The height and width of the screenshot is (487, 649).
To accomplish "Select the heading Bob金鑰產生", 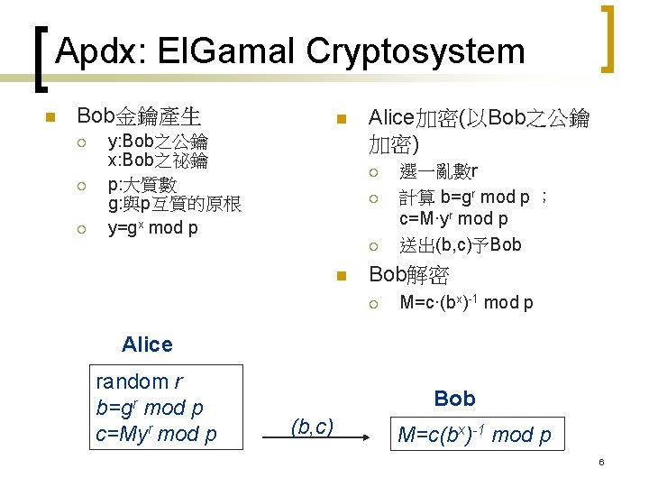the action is coord(139,116).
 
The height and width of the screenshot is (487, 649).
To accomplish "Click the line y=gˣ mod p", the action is coord(152,227).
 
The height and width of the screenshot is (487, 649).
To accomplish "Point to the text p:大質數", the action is coord(142,185).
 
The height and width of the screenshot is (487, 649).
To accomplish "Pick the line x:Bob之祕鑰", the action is coord(158,161).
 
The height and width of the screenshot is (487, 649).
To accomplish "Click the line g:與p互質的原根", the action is coord(174,206).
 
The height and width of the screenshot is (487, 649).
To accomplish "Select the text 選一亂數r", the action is coord(438,172).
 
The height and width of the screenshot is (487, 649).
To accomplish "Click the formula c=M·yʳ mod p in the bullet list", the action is coord(453,219).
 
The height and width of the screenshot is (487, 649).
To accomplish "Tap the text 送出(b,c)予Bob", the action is coord(461,244).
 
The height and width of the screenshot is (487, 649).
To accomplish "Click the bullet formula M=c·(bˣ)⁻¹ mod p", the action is coord(466,302).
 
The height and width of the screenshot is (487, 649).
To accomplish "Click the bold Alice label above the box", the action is coord(146,344).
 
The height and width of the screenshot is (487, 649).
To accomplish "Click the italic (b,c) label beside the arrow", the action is coord(312,426).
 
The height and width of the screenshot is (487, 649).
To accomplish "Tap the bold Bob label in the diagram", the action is coord(454,398).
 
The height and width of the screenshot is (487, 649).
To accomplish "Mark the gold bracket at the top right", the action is coord(610,39).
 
